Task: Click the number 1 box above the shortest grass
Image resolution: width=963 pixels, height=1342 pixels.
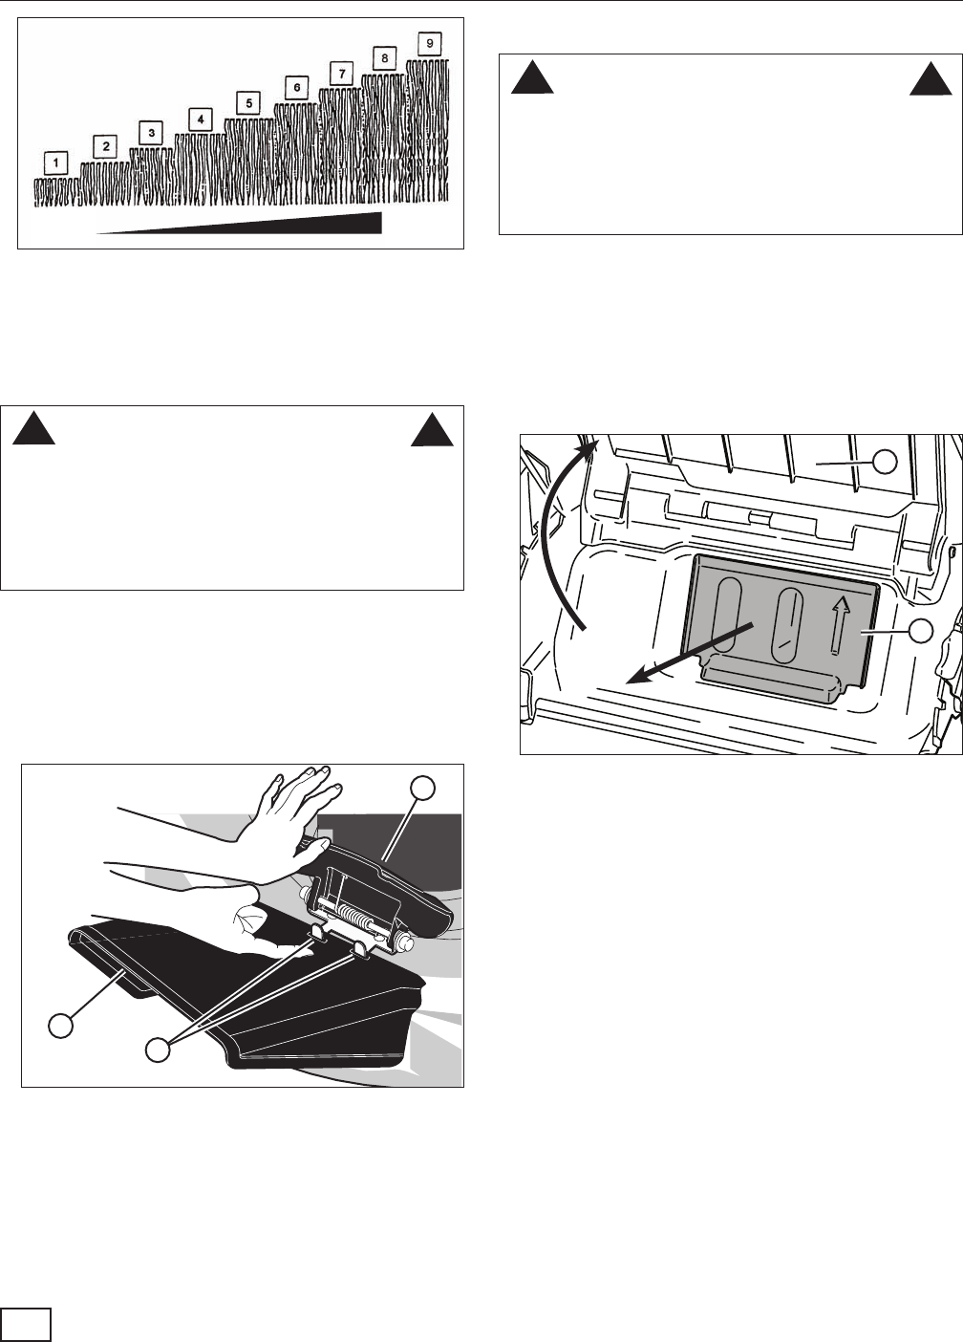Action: (56, 163)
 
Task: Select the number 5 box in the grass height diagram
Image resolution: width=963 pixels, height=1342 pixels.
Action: (247, 103)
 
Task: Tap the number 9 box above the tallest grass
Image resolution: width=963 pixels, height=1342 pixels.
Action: (430, 44)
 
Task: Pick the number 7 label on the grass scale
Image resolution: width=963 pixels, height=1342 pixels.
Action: (341, 73)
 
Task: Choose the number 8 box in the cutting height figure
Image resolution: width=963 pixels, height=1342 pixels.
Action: (384, 58)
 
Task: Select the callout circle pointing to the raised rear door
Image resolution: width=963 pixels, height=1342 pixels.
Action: (886, 462)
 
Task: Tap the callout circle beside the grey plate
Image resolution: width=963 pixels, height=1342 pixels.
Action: (920, 630)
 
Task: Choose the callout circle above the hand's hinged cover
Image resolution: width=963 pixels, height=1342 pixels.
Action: (423, 788)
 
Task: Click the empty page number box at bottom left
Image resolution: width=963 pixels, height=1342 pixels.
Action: (25, 1324)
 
